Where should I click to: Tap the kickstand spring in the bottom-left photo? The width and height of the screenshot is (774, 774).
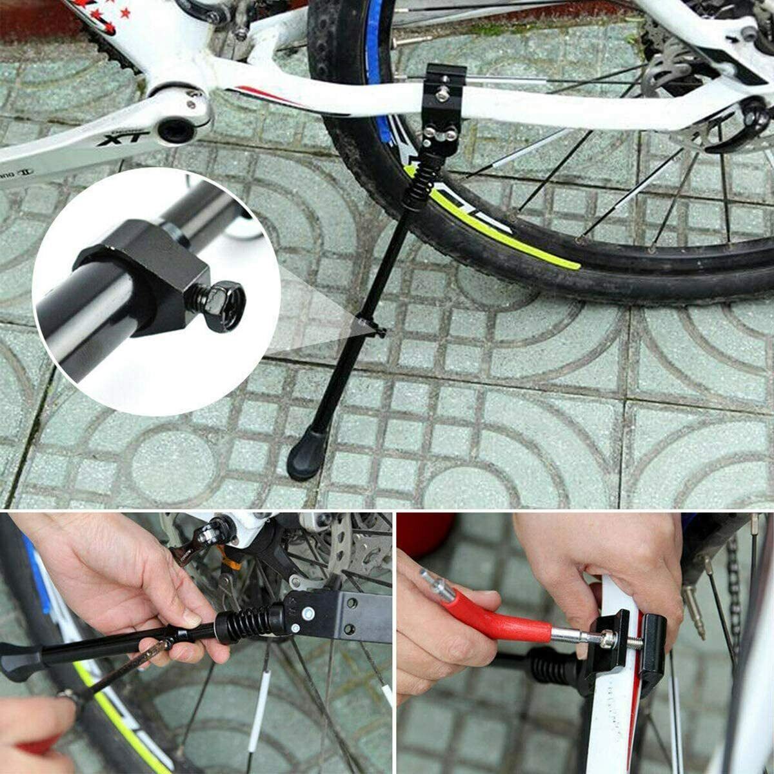click(x=252, y=622)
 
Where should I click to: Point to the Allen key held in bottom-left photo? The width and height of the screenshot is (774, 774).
click(x=123, y=671)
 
